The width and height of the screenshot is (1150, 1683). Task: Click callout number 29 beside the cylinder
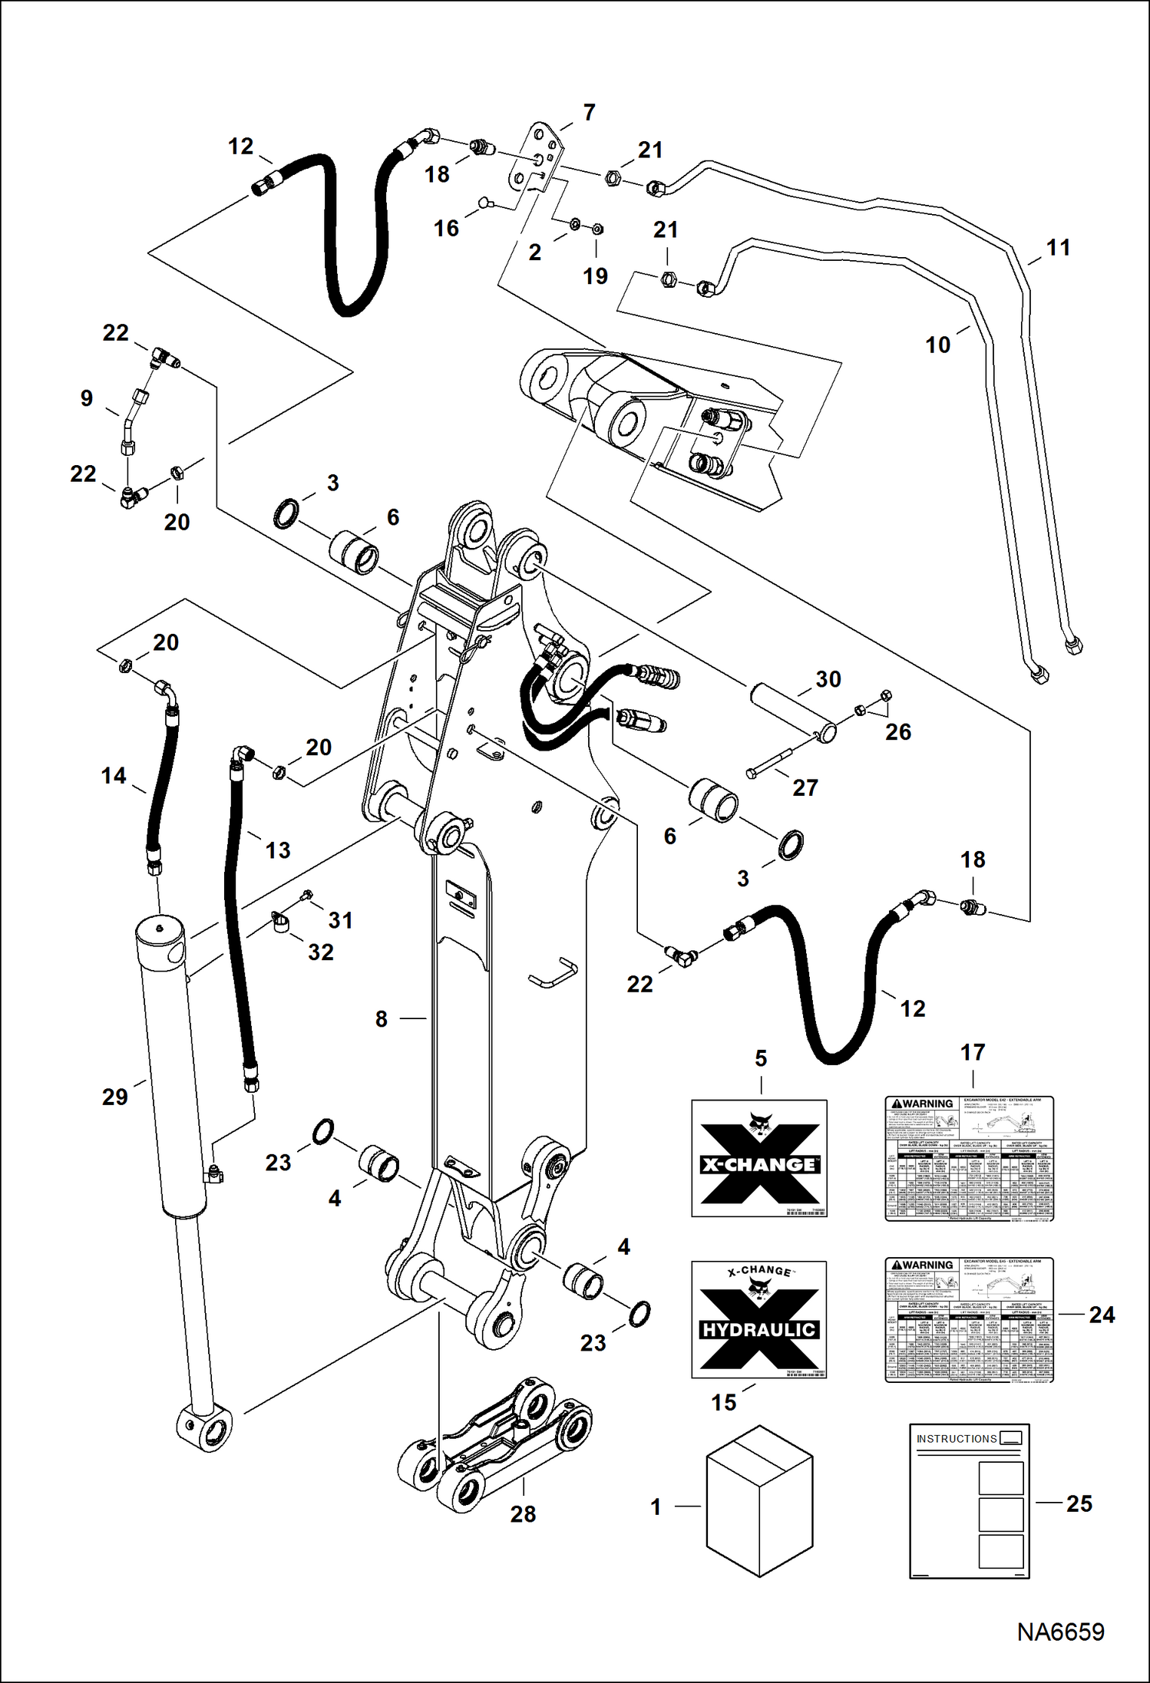[x=115, y=1097]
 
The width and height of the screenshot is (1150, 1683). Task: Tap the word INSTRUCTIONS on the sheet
[x=956, y=1439]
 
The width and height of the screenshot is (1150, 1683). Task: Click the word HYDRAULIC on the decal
[x=758, y=1330]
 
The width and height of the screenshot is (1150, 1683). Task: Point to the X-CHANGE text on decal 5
[x=758, y=1164]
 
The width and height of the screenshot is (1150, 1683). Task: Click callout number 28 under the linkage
[x=523, y=1514]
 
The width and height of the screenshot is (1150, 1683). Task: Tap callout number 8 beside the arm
[x=382, y=1019]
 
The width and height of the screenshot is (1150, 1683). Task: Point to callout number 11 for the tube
[x=1058, y=248]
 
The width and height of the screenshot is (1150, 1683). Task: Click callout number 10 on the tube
[x=937, y=345]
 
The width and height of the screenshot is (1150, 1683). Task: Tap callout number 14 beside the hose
[x=114, y=776]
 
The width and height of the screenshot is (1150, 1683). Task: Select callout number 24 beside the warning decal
[x=1102, y=1315]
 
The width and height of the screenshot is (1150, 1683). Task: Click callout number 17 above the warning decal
[x=973, y=1052]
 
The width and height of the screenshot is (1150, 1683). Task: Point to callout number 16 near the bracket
[x=446, y=228]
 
